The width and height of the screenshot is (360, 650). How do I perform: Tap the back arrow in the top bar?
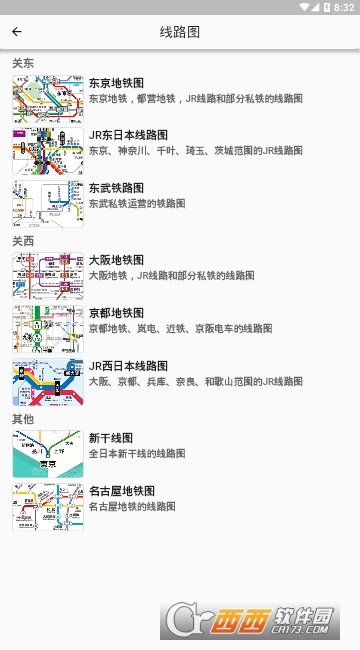click(17, 32)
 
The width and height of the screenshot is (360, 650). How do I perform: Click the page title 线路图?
click(180, 32)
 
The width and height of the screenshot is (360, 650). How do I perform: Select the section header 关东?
click(23, 63)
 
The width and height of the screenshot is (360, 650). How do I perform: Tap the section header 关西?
click(23, 241)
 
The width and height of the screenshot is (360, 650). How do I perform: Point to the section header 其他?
click(23, 419)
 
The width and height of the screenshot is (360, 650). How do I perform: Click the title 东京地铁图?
click(116, 83)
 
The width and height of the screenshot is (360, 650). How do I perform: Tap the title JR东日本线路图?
click(128, 135)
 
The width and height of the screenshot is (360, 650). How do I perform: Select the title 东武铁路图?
click(116, 188)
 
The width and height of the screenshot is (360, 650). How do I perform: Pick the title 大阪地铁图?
click(116, 260)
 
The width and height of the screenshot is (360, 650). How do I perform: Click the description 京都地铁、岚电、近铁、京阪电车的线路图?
click(180, 328)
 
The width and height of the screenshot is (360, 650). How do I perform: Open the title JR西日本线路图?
click(128, 366)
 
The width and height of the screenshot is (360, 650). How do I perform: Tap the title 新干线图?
click(111, 438)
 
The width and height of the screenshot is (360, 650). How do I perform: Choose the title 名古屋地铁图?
click(122, 491)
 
